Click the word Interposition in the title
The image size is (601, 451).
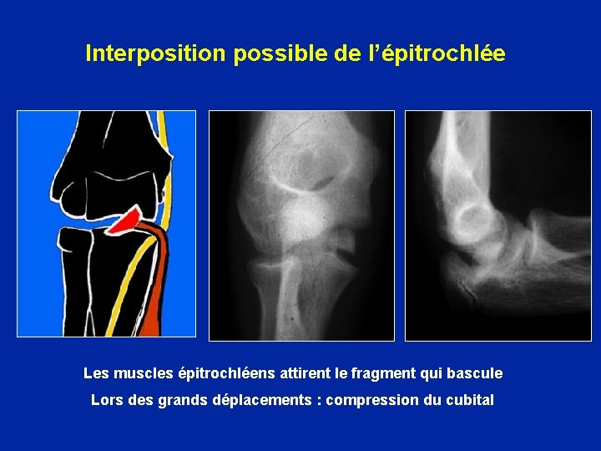coord(156,53)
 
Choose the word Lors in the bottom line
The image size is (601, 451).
coord(107,400)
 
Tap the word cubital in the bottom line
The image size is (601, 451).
coord(471,400)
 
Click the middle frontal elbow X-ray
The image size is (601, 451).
coord(301,225)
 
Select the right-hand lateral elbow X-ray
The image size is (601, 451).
coord(497,225)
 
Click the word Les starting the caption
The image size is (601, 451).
coord(96,373)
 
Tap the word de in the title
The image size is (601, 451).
coord(344,53)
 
